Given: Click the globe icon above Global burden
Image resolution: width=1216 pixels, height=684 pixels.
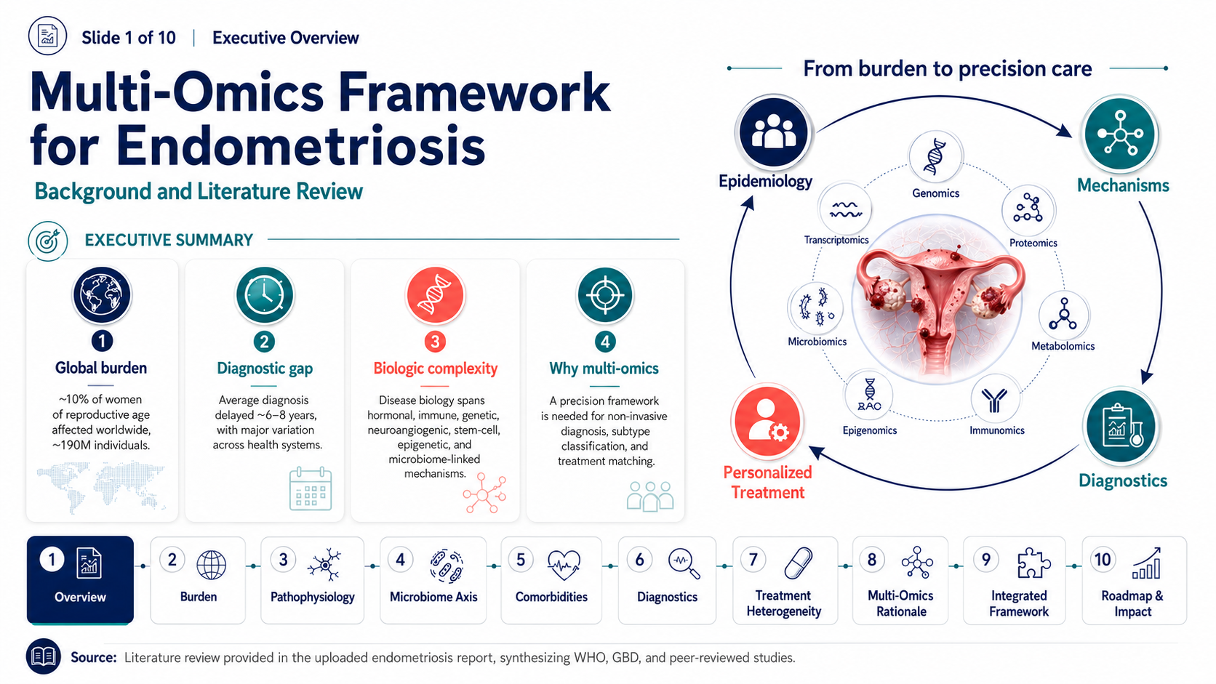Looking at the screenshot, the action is (x=102, y=295).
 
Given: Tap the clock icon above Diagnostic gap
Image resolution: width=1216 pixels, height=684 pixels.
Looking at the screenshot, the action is (x=265, y=295).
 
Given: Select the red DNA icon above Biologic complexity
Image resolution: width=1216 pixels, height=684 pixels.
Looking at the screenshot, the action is (x=435, y=295).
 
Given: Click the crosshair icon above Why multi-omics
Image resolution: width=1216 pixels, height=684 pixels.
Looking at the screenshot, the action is (x=605, y=295).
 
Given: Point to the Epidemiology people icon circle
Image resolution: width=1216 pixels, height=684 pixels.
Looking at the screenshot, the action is (x=774, y=133).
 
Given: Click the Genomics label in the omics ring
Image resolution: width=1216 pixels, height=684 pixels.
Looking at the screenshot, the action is (x=935, y=193).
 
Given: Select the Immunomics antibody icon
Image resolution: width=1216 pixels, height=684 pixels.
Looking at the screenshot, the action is (x=994, y=399).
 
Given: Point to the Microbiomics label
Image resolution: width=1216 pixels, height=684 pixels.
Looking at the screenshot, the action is (x=817, y=341).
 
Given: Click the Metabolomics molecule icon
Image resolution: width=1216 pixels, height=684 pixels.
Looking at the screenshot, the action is (x=1063, y=315).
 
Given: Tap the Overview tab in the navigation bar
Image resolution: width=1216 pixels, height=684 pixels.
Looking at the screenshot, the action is (x=80, y=580).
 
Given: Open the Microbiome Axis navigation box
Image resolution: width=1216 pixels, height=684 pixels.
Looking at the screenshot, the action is (x=433, y=580).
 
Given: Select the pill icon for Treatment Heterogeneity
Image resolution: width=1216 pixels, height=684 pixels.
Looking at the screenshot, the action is (x=799, y=563).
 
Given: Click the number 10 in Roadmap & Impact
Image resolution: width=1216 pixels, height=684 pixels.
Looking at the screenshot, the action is (x=1102, y=560).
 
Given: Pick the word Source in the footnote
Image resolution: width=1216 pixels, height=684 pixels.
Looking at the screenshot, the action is (x=93, y=657).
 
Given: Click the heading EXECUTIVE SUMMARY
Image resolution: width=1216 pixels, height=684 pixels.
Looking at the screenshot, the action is (x=169, y=240).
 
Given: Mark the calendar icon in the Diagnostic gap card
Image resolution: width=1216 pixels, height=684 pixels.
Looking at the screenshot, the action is (x=311, y=488).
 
